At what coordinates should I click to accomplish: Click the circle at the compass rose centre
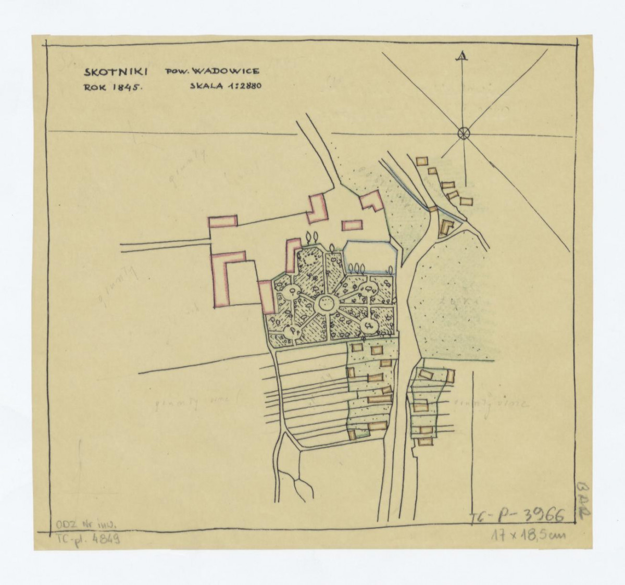click(x=463, y=133)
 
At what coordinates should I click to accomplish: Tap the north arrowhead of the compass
click(x=461, y=57)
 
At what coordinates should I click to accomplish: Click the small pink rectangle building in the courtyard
click(x=352, y=225)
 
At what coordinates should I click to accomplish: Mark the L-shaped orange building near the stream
click(x=446, y=228)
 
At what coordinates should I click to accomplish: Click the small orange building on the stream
click(x=432, y=209)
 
